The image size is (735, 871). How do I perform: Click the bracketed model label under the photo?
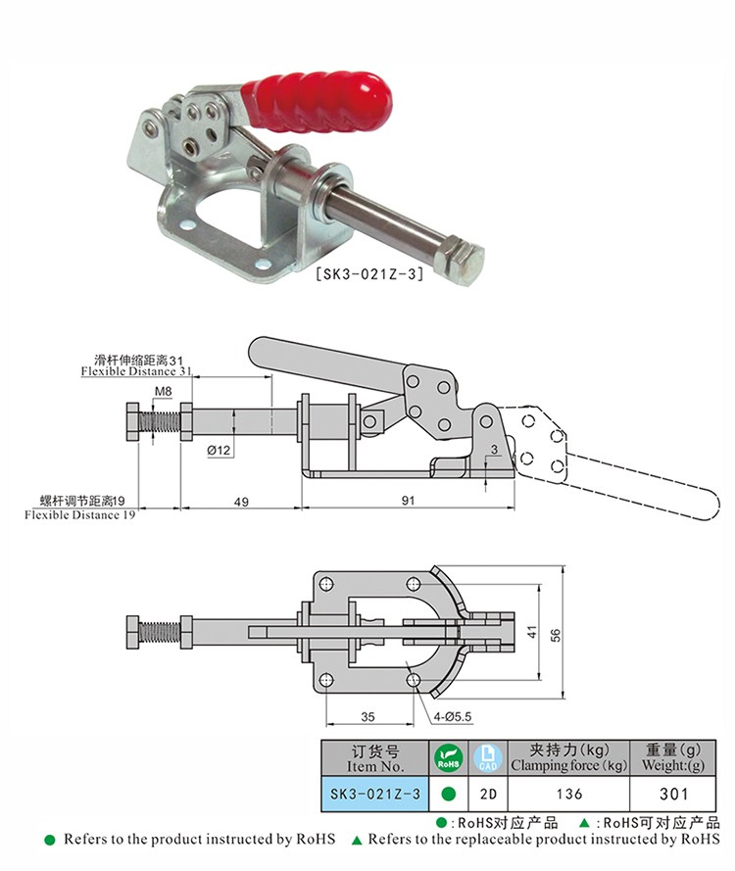[369, 273]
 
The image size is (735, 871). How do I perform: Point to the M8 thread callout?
[163, 391]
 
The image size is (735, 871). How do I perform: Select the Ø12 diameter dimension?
[219, 450]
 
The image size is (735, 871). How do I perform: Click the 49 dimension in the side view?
[241, 502]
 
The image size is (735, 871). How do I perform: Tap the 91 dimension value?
[409, 501]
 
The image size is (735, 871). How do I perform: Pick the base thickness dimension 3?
[495, 450]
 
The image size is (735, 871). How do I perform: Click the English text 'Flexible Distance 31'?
[136, 371]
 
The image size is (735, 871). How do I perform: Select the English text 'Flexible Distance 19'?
[80, 515]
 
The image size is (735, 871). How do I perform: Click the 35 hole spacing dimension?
[367, 716]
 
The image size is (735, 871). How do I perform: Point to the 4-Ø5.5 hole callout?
[452, 716]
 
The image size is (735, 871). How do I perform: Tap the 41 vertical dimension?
[532, 632]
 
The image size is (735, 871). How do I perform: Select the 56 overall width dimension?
[555, 635]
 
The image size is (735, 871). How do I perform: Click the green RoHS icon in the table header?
[448, 758]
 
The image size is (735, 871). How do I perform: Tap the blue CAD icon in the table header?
[488, 758]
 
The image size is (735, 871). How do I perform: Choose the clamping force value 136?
[568, 794]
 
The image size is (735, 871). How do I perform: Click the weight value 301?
[673, 794]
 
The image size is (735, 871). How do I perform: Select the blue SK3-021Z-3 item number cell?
[375, 794]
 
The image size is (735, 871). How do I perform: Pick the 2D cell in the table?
[488, 794]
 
